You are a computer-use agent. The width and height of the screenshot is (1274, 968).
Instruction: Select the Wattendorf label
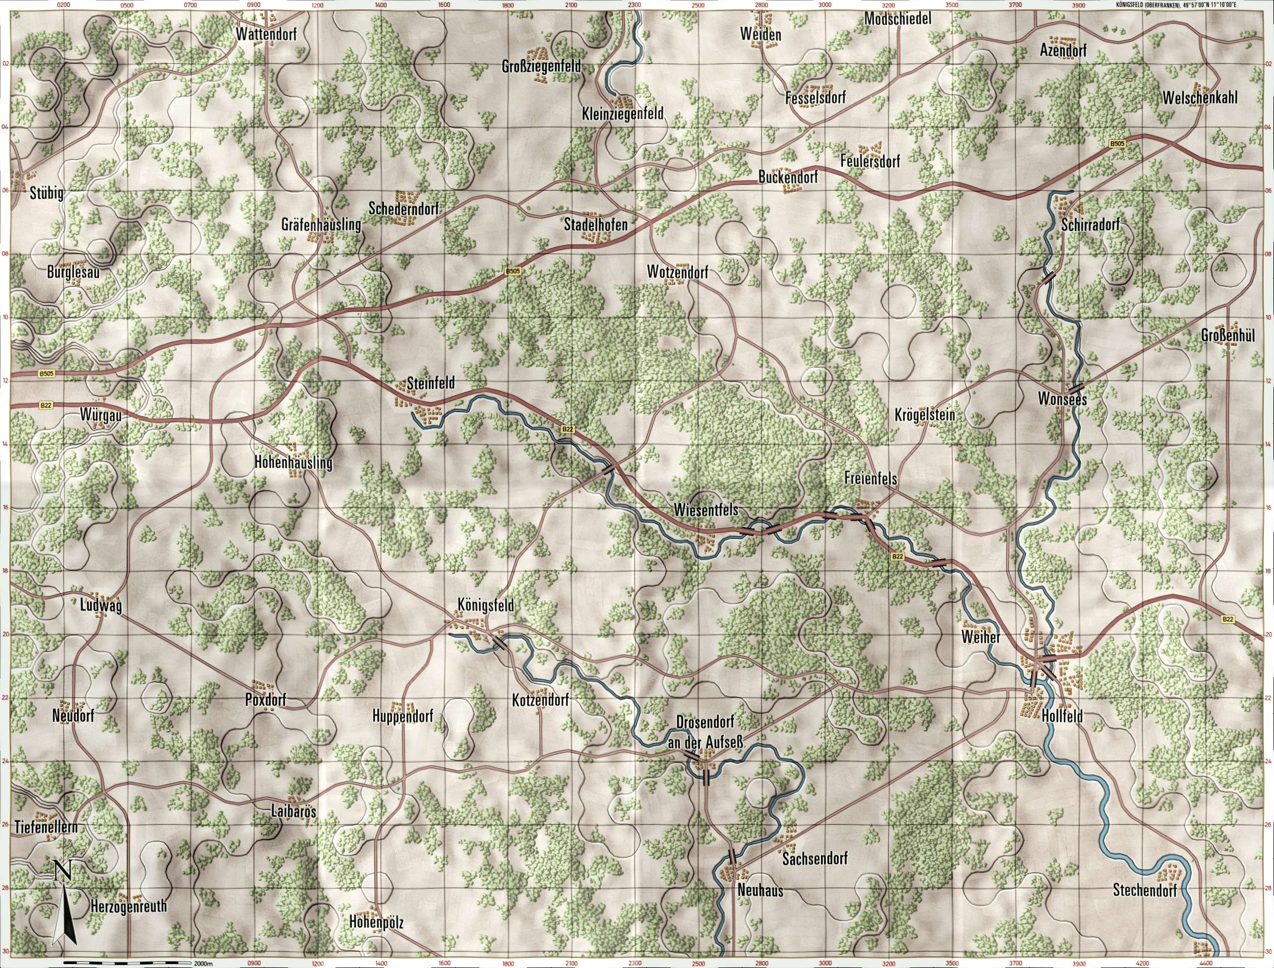click(266, 35)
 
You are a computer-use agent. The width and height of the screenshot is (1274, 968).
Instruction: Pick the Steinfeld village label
click(431, 382)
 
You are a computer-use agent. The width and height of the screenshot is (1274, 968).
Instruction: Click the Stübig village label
click(46, 194)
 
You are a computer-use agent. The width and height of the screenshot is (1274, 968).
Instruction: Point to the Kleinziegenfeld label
click(623, 113)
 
